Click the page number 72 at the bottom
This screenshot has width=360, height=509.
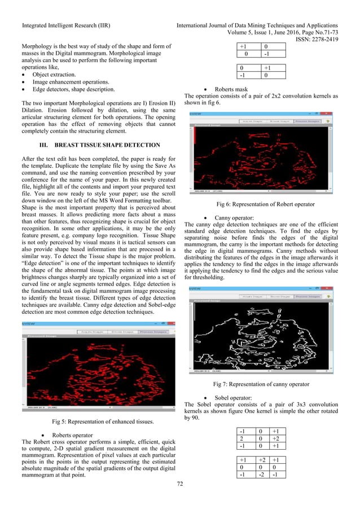click(179, 484)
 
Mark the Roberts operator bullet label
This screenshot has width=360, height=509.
click(73, 435)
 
